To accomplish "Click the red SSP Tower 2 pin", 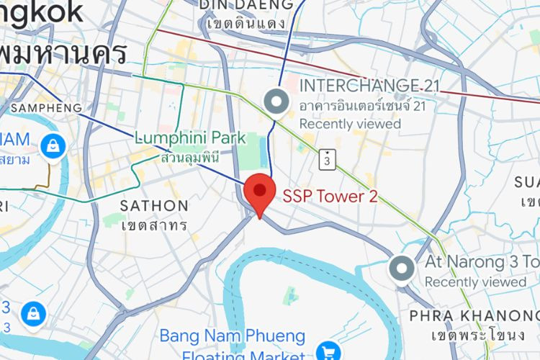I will [x=260, y=193].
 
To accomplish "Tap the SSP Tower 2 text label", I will [x=330, y=197].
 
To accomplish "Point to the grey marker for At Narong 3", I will [x=401, y=269].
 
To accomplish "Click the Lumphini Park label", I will [x=190, y=138].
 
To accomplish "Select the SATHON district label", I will [x=154, y=206].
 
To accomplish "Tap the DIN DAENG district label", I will [x=247, y=6].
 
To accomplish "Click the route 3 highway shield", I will [x=328, y=159].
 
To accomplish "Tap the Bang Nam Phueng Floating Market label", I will [x=233, y=336].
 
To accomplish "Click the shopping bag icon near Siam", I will [x=53, y=147].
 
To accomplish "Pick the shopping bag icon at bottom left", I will [x=33, y=314].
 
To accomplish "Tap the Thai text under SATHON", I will [x=154, y=225].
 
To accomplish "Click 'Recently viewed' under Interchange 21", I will [x=350, y=124].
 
